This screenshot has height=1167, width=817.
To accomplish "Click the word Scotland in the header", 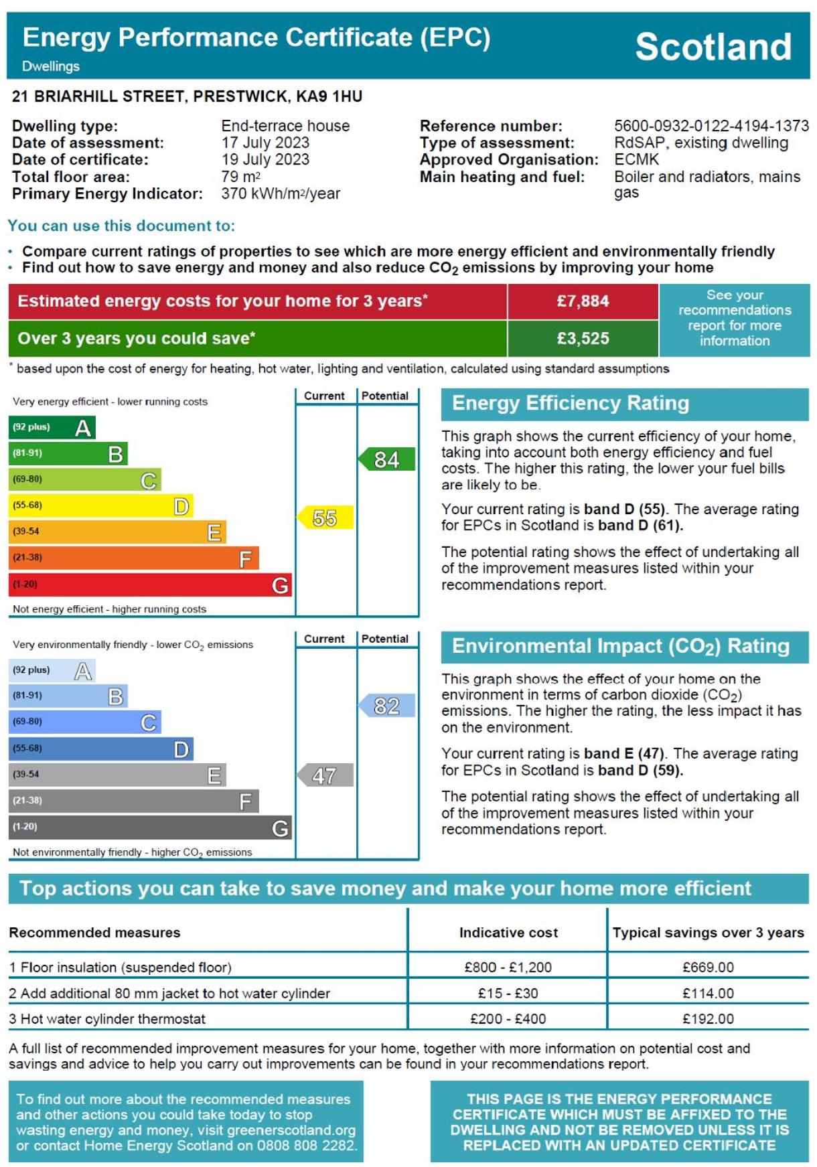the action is [713, 46].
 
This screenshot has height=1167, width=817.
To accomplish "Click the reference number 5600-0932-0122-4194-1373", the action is [711, 126].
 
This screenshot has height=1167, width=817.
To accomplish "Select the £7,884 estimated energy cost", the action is [583, 301].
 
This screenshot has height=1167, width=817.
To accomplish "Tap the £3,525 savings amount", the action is [583, 339].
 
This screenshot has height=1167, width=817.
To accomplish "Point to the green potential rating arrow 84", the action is [386, 459].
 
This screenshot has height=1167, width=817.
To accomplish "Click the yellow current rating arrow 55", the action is [325, 518].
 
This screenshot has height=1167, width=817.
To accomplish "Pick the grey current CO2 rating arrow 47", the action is [325, 775].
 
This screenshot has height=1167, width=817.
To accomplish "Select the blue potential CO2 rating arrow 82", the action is [386, 706].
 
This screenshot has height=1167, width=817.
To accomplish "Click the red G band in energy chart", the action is [150, 585].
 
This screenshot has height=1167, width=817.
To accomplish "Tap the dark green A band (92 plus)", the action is [52, 427].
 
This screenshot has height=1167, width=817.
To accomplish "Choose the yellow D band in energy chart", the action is [101, 505].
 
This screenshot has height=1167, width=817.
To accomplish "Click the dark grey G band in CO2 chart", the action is [150, 828].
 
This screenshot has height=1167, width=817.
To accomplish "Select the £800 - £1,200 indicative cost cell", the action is [508, 967].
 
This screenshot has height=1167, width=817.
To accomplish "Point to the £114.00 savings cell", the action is [708, 994].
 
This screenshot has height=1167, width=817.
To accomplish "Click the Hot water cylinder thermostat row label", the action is [107, 1019].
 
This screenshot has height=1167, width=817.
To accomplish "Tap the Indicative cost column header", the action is [508, 933].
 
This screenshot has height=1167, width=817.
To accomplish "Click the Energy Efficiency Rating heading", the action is [571, 403].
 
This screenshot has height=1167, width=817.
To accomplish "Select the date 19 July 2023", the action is [265, 159].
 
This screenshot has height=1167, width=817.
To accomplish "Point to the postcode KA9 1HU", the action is [329, 96].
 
